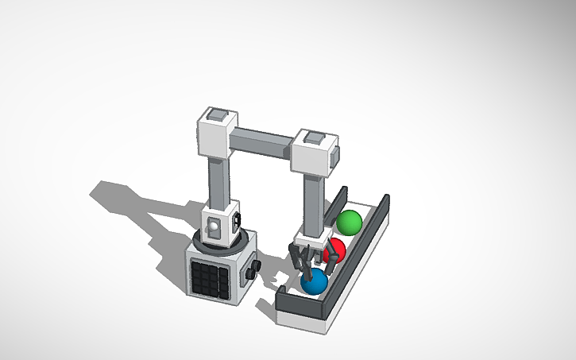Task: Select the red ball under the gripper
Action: click(336, 250)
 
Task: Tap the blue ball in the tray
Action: click(315, 281)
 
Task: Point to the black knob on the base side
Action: click(253, 272)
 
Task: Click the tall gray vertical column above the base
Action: click(218, 180)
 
